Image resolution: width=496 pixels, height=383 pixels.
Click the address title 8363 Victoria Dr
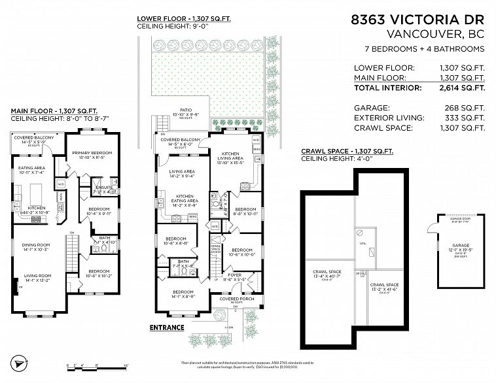tap(419, 20)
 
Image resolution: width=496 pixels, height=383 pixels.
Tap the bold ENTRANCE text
tap(167, 327)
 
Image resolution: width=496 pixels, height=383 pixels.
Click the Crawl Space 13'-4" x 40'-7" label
tap(327, 273)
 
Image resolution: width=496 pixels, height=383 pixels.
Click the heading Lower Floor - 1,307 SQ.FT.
tap(184, 19)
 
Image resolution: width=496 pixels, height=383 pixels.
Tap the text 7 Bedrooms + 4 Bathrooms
tap(424, 49)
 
